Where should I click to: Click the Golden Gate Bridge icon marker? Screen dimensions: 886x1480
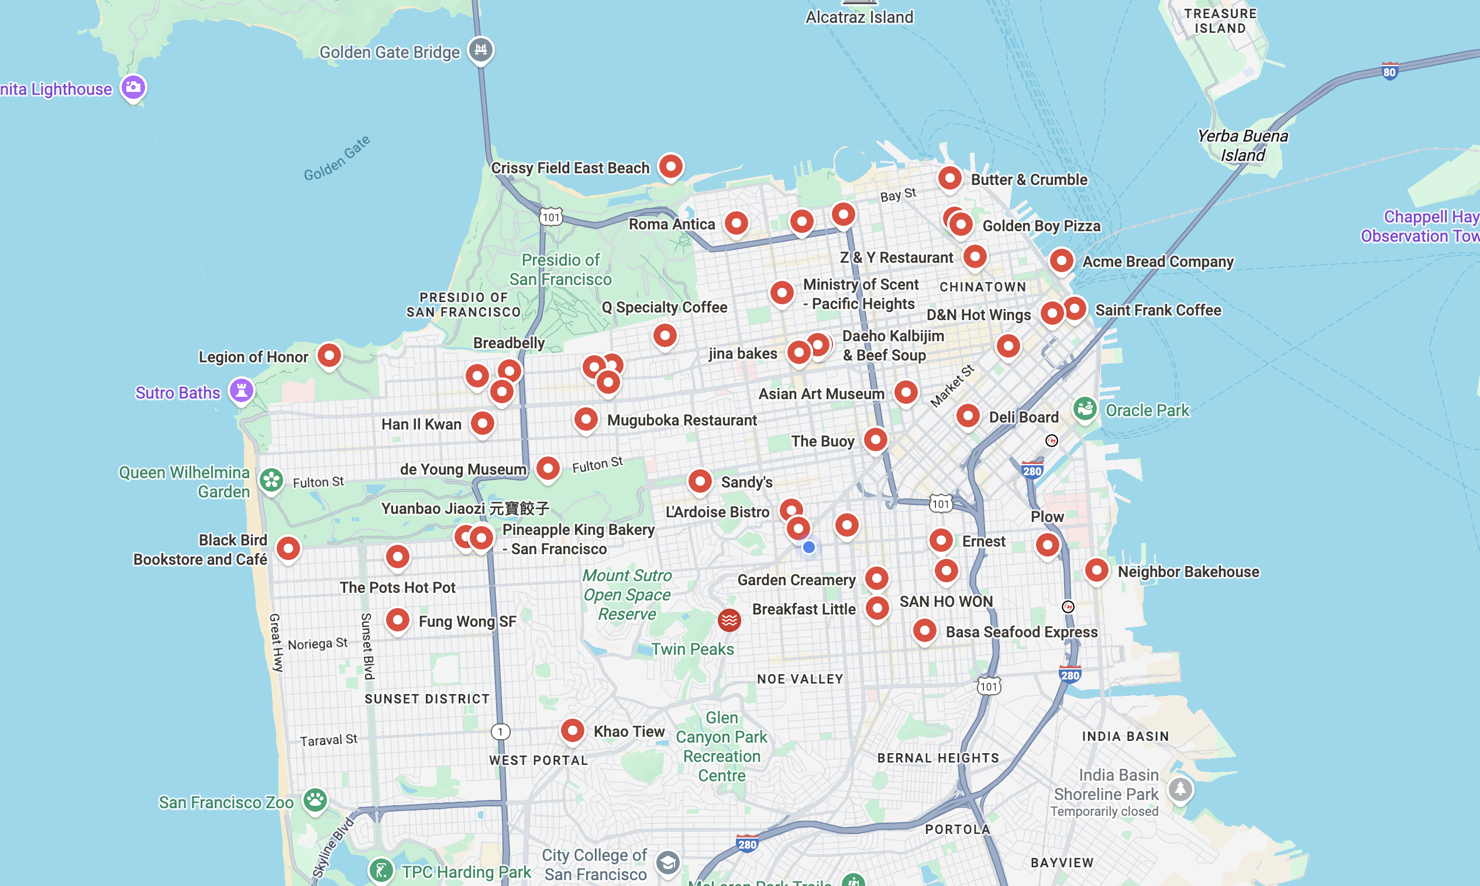pos(480,50)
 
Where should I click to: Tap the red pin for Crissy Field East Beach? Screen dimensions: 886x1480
pos(670,166)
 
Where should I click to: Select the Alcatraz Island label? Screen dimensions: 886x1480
pos(859,18)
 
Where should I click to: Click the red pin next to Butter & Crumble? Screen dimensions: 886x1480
pos(949,178)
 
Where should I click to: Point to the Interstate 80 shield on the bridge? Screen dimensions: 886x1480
pos(1389,71)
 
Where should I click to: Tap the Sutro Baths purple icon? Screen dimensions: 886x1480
pos(242,390)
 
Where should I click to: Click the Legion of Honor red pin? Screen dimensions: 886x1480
pos(329,355)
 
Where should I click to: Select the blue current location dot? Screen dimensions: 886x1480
pos(808,547)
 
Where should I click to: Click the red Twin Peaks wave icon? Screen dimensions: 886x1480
pos(729,620)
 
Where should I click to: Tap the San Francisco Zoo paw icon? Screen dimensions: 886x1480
pos(315,799)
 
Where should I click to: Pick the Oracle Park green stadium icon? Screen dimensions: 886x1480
pos(1085,409)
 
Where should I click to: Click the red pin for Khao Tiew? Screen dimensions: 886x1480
pos(572,730)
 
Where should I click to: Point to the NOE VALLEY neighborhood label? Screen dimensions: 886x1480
pos(800,679)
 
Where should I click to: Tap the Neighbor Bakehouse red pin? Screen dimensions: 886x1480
pos(1096,570)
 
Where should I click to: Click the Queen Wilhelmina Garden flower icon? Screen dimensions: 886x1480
pos(271,479)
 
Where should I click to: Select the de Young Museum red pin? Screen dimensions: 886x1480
pos(547,468)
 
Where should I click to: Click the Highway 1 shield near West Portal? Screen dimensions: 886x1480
pos(500,732)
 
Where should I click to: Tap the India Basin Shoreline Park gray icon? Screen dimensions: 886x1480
pos(1179,789)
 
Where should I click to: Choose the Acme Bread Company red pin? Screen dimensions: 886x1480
pos(1061,260)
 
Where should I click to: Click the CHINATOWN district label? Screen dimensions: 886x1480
pos(982,287)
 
